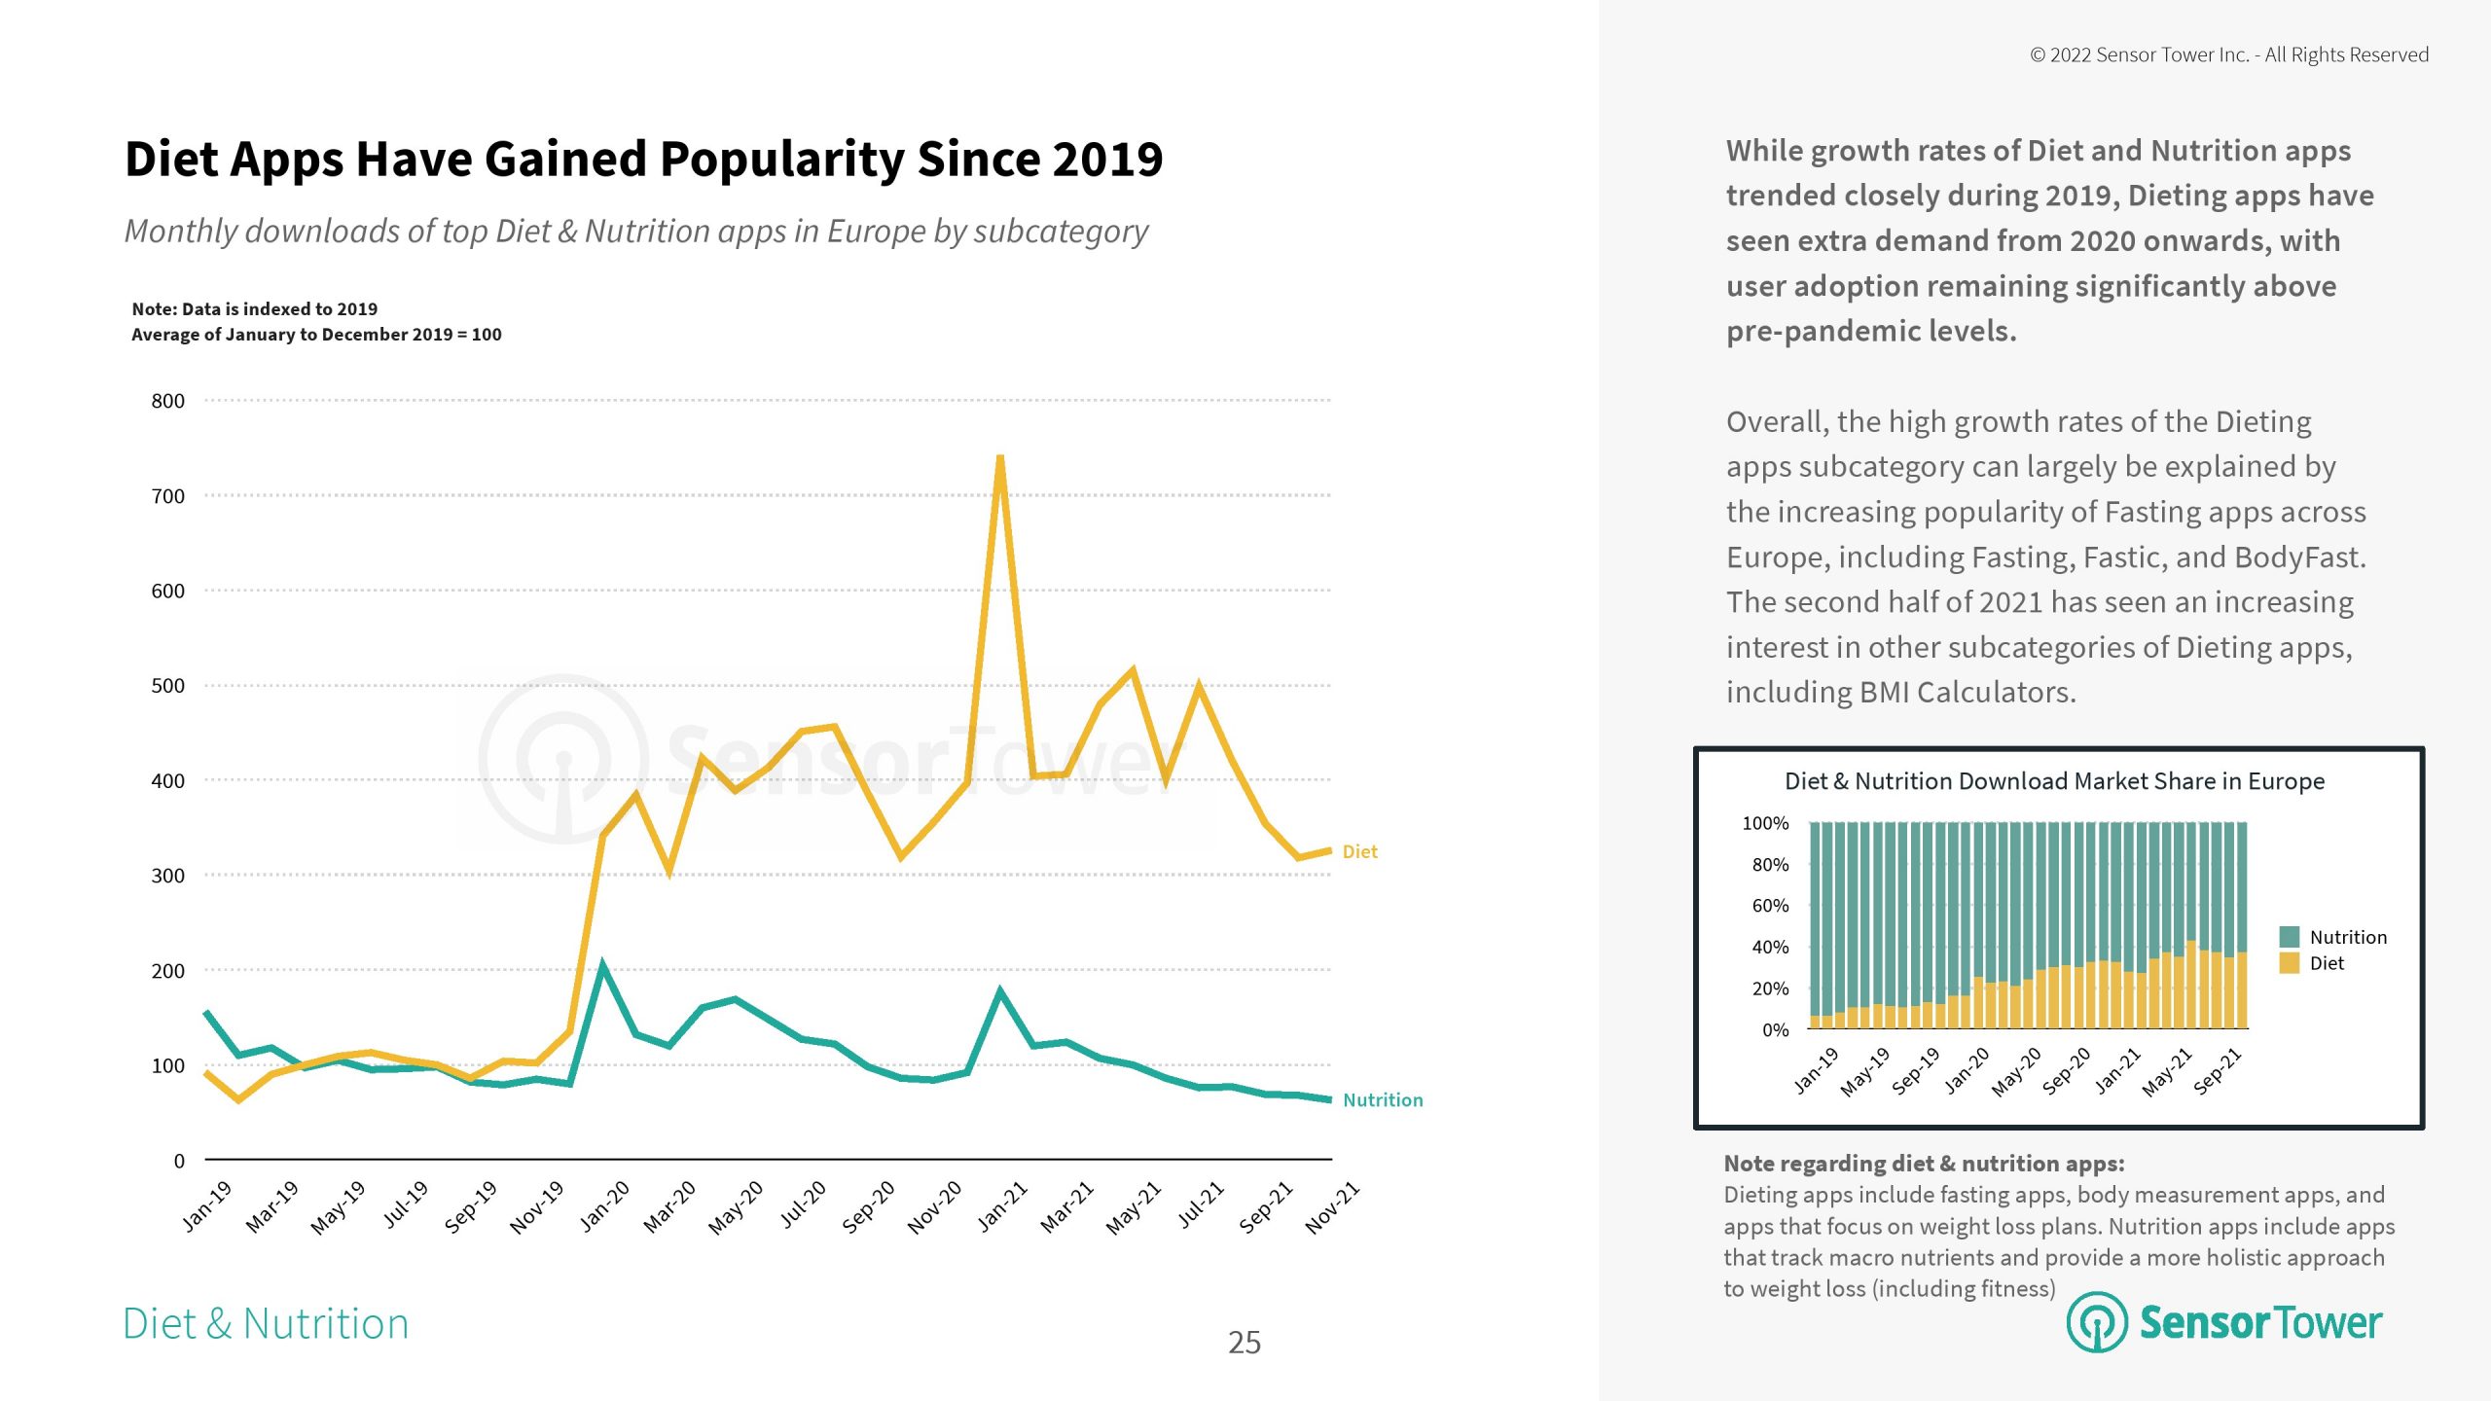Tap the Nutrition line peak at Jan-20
(602, 967)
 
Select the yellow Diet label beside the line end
(1359, 852)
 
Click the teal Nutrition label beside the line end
(1382, 1100)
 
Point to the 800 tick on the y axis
(167, 401)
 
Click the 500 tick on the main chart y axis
(167, 686)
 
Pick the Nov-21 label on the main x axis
(1332, 1207)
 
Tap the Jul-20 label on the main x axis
(803, 1204)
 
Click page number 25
(1244, 1343)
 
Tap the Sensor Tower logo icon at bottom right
(2096, 1322)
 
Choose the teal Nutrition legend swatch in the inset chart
(2289, 937)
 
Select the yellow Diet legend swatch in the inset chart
(2289, 963)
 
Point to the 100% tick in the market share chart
(1764, 823)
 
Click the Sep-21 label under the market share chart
(2218, 1071)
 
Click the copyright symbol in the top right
(2038, 55)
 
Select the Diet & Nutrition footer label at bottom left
(266, 1324)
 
